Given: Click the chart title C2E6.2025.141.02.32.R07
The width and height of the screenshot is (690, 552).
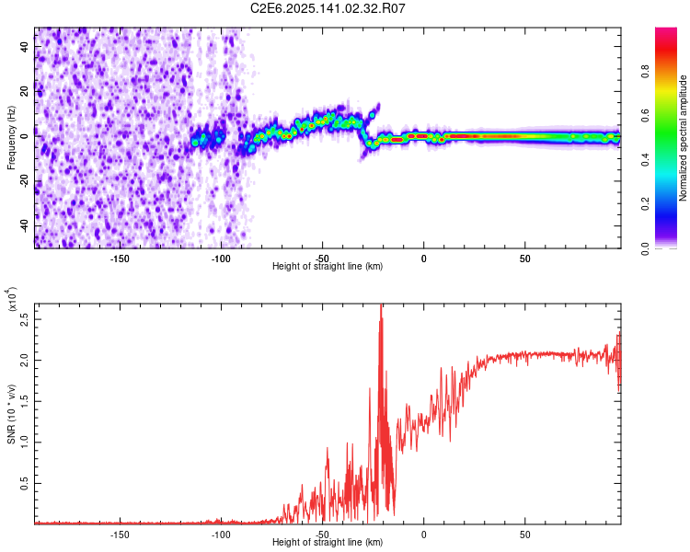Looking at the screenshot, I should pos(328,8).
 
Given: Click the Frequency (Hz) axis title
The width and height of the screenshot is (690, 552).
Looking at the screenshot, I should pos(11,138).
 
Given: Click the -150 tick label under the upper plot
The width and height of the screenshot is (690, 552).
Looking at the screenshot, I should pos(119,258).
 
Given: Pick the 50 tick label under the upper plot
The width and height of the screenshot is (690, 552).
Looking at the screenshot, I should pos(524,258).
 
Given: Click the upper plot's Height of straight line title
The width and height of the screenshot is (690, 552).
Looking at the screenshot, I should pos(328,267).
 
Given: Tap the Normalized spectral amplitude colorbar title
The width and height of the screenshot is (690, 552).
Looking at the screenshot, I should pos(684,138).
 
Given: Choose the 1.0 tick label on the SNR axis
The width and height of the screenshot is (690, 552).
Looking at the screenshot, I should pos(25,442).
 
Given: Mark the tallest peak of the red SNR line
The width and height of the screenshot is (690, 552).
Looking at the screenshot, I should pos(381,305).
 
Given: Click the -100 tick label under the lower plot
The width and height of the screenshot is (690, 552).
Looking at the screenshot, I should pos(220,534).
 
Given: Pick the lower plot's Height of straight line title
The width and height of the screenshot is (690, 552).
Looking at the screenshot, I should pos(328,544).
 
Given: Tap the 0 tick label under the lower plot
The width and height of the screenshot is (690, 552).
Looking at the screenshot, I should pos(424,534).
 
